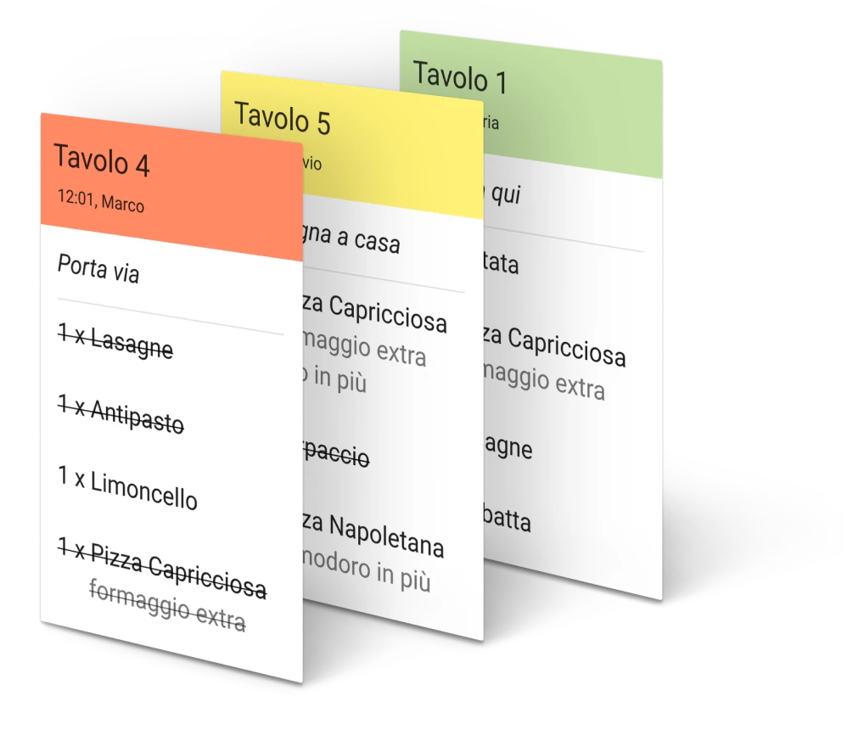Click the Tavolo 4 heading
[102, 160]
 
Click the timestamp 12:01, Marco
[100, 201]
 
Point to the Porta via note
[98, 269]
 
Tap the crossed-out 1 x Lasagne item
[115, 343]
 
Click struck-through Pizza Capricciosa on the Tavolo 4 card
[161, 569]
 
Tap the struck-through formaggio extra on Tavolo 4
[167, 606]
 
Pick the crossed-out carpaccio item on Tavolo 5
[335, 455]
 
